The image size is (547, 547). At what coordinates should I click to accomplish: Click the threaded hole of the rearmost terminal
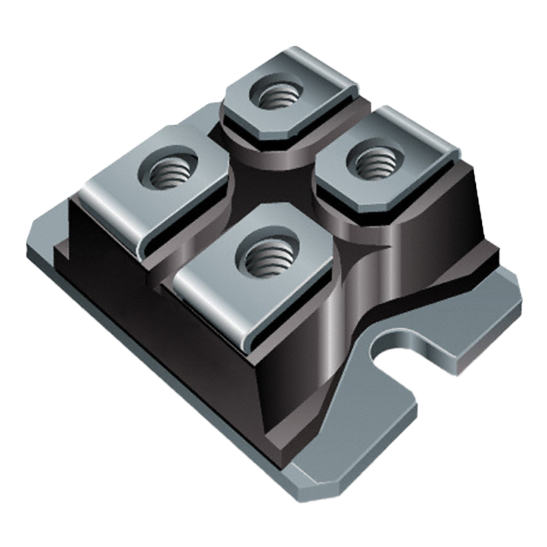277,95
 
